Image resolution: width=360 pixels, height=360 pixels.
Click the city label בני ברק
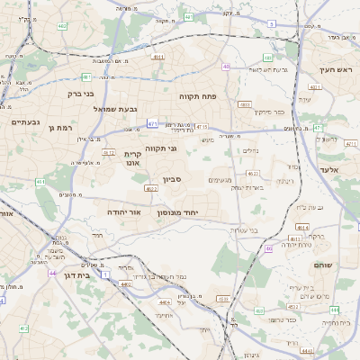pos(81,93)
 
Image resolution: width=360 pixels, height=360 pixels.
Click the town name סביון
pos(173,180)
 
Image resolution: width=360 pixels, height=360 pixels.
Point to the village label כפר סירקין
pos(269,112)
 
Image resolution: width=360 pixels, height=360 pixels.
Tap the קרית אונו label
pos(133,158)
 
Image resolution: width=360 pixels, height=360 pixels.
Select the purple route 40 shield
pos(225,66)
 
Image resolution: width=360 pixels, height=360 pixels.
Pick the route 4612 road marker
pos(108,153)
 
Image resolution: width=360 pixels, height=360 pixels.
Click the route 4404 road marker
pos(166,302)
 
